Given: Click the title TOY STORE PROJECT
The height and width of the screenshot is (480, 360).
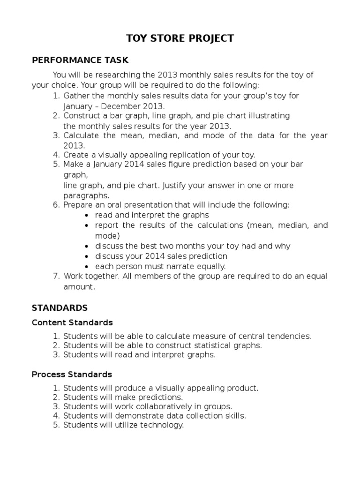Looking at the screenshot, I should pyautogui.click(x=180, y=38).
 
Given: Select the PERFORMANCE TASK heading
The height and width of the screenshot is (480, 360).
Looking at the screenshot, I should pyautogui.click(x=80, y=60).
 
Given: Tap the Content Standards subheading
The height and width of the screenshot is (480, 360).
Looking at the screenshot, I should pyautogui.click(x=72, y=322).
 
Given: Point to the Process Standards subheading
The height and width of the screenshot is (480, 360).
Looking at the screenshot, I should pyautogui.click(x=72, y=375).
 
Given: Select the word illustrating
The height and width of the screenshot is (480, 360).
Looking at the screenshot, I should pyautogui.click(x=270, y=115).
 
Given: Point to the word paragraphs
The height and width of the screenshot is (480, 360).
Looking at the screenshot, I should pyautogui.click(x=86, y=195).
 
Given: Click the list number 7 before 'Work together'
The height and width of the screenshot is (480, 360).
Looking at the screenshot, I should pyautogui.click(x=56, y=276).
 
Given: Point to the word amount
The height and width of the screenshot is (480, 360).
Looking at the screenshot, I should pyautogui.click(x=79, y=287).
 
